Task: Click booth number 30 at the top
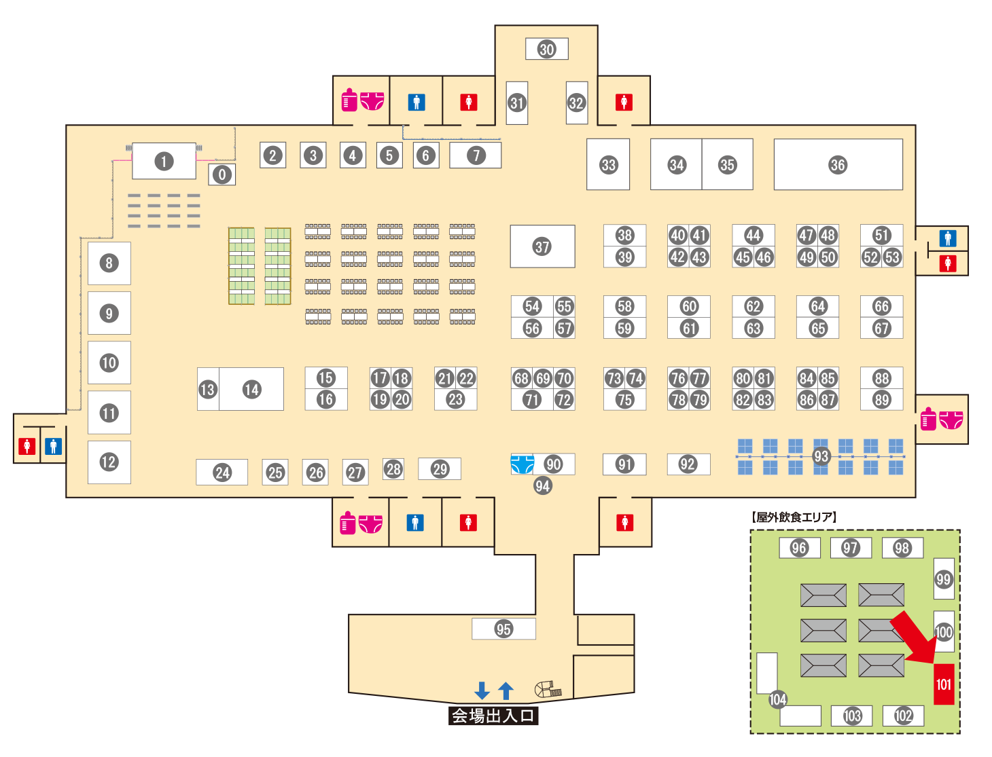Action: [x=547, y=49]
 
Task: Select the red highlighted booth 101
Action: [x=944, y=684]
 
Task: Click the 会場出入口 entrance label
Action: [x=493, y=716]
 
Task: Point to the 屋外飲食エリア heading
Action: [x=794, y=517]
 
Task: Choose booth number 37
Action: [x=542, y=246]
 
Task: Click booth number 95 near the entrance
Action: [x=503, y=629]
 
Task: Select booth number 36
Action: [x=838, y=164]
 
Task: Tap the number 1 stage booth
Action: [x=164, y=162]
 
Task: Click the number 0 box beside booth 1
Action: [x=222, y=174]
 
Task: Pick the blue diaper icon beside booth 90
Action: [x=522, y=464]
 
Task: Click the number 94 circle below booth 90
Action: [x=542, y=485]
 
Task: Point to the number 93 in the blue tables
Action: [x=821, y=456]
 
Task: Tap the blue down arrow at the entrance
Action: [x=482, y=690]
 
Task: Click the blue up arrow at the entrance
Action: [x=506, y=690]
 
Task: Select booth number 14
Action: [x=251, y=389]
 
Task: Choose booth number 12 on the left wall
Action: [x=109, y=462]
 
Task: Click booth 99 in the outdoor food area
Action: [x=944, y=579]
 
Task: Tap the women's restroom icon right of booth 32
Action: [x=624, y=103]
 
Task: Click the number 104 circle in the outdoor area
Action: [x=777, y=699]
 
